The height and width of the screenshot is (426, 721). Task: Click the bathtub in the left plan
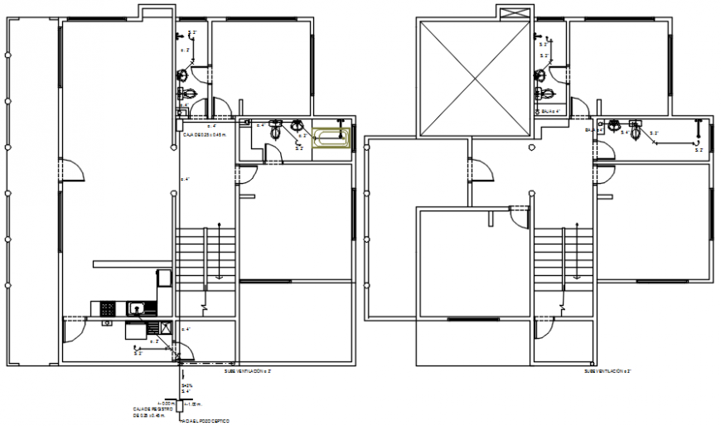[332, 138]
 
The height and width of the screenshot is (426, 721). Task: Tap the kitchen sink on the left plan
[137, 310]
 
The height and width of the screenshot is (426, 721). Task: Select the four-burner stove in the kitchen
[109, 309]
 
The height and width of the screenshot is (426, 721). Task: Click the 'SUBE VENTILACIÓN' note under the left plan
[248, 372]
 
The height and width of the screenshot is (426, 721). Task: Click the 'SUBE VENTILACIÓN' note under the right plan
[607, 372]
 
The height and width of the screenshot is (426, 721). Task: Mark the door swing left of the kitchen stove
[75, 327]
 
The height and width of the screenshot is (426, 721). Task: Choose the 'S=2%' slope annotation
[187, 386]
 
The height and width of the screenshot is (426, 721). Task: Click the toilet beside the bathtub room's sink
[276, 128]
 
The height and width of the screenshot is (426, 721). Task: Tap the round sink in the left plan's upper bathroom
[182, 75]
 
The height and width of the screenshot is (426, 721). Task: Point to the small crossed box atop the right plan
[508, 12]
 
